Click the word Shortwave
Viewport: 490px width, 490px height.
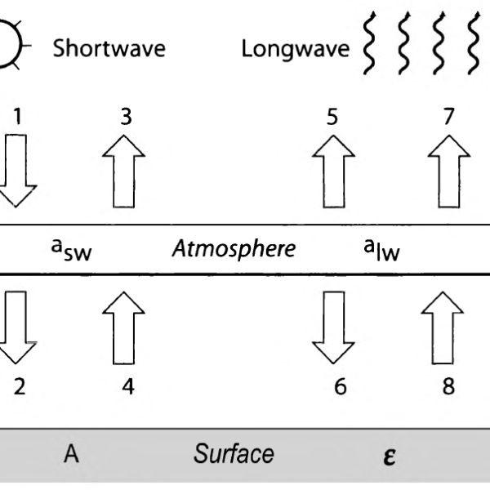(109, 48)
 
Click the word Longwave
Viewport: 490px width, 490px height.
(295, 49)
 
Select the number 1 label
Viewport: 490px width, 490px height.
(17, 117)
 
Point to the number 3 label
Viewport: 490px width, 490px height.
(125, 117)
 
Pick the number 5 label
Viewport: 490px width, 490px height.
(332, 117)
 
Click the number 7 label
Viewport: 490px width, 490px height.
(448, 117)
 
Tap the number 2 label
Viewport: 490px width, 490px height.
(19, 385)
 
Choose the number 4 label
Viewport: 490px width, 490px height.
(127, 385)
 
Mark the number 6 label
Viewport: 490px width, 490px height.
(340, 385)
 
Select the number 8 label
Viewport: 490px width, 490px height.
(448, 385)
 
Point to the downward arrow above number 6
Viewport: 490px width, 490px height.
(333, 325)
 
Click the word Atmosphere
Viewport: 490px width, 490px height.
(234, 248)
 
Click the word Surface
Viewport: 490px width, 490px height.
(234, 454)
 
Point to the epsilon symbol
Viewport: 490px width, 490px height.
(390, 456)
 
